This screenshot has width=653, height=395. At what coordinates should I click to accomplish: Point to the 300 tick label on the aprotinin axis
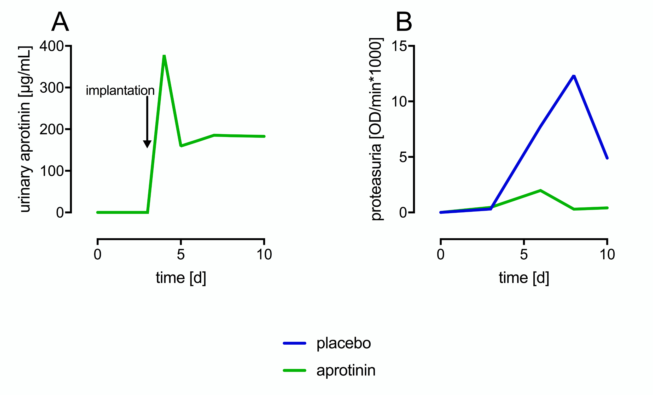pyautogui.click(x=52, y=88)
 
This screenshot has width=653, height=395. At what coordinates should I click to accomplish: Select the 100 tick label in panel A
pyautogui.click(x=52, y=171)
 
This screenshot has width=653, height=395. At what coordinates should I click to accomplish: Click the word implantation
pyautogui.click(x=120, y=91)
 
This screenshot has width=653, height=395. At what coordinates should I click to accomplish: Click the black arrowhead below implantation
pyautogui.click(x=147, y=144)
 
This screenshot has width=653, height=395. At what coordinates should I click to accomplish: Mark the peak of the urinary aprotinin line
pyautogui.click(x=164, y=56)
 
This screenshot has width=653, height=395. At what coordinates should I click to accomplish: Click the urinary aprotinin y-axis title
pyautogui.click(x=25, y=129)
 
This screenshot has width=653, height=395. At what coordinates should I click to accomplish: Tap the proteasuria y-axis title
pyautogui.click(x=376, y=129)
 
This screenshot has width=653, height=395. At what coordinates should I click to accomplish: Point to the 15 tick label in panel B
pyautogui.click(x=399, y=46)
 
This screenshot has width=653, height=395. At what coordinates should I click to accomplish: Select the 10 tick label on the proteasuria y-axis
pyautogui.click(x=399, y=101)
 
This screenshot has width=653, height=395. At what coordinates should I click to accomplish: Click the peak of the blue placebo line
pyautogui.click(x=574, y=76)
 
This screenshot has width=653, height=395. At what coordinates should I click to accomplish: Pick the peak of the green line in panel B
pyautogui.click(x=540, y=190)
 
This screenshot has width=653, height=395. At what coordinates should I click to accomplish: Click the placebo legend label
pyautogui.click(x=344, y=343)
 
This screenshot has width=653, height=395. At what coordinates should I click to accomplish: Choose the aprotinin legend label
pyautogui.click(x=346, y=370)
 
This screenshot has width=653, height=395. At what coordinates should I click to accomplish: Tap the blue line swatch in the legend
pyautogui.click(x=294, y=343)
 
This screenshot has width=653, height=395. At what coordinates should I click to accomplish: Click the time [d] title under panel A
pyautogui.click(x=181, y=278)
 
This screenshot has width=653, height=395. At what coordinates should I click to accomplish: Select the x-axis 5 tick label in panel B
pyautogui.click(x=524, y=254)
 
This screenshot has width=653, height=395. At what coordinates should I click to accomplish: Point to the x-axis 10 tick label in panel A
pyautogui.click(x=264, y=254)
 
